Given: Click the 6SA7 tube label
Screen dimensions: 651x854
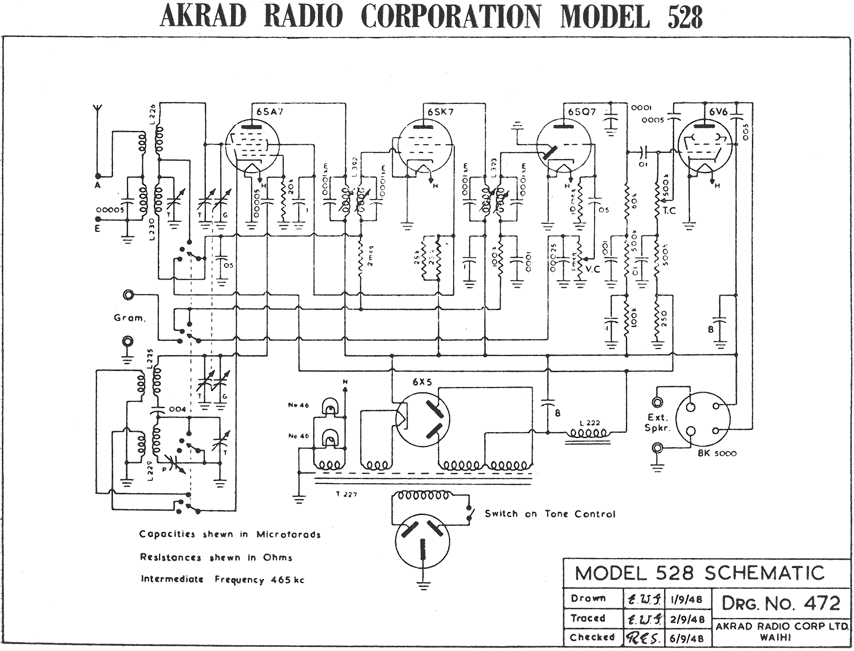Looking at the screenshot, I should pos(270,112).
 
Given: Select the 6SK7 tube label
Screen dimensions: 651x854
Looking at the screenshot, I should pos(440,112).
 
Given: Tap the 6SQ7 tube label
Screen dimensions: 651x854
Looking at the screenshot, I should pos(582,112).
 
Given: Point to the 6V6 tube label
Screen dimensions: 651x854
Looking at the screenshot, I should pos(718,112).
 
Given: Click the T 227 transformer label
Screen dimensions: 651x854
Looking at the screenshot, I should pos(346,494).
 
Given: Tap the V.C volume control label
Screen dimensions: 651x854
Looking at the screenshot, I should pos(593,269).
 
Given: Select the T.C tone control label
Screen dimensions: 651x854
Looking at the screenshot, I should pos(669,211).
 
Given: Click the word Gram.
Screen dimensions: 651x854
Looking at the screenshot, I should pos(129,318).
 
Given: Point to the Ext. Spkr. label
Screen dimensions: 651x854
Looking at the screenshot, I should pos(658,422).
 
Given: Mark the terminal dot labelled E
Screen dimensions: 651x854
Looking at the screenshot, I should pos(98,220).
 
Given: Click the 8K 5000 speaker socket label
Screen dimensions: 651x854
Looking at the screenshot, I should pos(717,453).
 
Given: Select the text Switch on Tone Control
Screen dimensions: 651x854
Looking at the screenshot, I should pos(549,514).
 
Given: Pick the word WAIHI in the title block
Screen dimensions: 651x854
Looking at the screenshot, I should pos(775,638).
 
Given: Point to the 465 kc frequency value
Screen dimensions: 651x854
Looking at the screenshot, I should pos(288,579).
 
